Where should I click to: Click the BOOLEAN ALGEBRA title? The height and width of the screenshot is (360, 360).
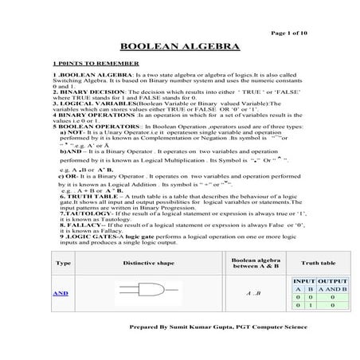179,47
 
